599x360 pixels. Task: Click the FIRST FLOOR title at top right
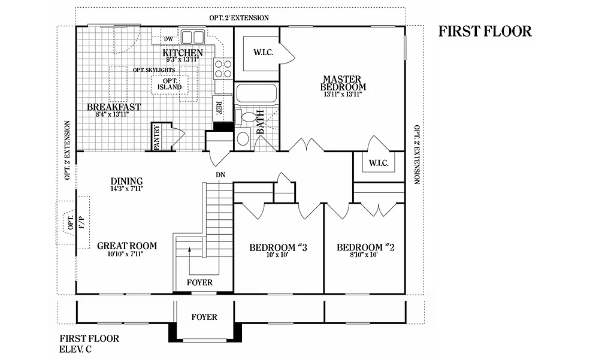pyautogui.click(x=485, y=31)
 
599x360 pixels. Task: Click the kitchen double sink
pyautogui.click(x=192, y=37)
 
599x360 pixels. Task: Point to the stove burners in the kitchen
pyautogui.click(x=223, y=68)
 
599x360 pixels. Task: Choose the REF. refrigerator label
pyautogui.click(x=219, y=108)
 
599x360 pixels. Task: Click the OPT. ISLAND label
pyautogui.click(x=170, y=84)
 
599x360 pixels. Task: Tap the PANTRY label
pyautogui.click(x=156, y=137)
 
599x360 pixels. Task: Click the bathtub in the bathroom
pyautogui.click(x=256, y=94)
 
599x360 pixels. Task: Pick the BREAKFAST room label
pyautogui.click(x=114, y=107)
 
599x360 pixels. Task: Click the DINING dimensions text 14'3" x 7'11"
pyautogui.click(x=126, y=189)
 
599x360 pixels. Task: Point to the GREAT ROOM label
pyautogui.click(x=127, y=246)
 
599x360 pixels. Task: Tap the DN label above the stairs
pyautogui.click(x=220, y=175)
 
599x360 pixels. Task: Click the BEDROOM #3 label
pyautogui.click(x=278, y=247)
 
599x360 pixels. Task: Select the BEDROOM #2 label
pyautogui.click(x=365, y=247)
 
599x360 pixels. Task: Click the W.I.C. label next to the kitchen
pyautogui.click(x=264, y=53)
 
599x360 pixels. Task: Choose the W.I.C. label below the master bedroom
pyautogui.click(x=379, y=163)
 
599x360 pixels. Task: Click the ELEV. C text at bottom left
pyautogui.click(x=75, y=349)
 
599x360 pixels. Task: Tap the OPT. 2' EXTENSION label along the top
pyautogui.click(x=239, y=18)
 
